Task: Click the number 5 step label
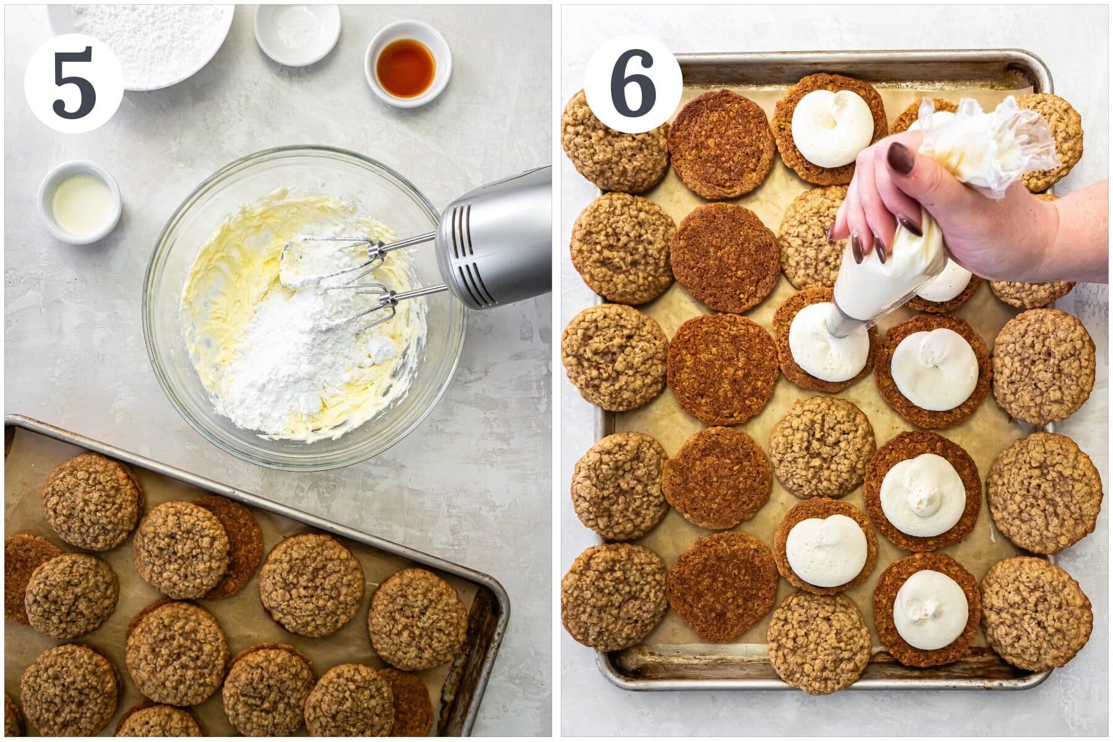coord(74,83)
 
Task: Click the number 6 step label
coord(633,83)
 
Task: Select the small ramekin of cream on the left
coord(80,202)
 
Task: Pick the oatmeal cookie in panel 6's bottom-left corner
coord(614,596)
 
